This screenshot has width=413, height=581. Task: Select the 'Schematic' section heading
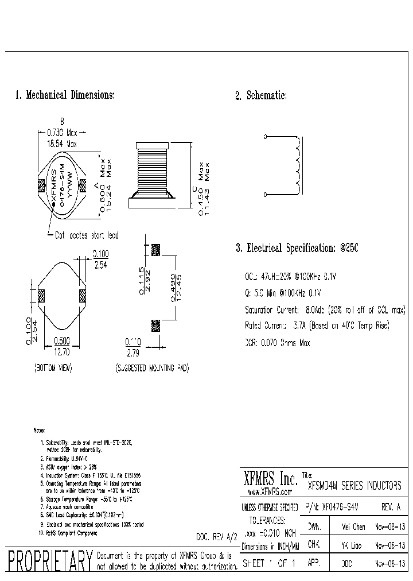pos(261,96)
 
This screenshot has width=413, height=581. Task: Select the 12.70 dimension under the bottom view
pos(62,350)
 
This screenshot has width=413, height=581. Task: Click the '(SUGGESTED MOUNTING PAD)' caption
pos(151,367)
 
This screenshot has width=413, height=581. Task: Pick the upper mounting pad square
pos(155,250)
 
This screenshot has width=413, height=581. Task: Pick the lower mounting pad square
pos(155,326)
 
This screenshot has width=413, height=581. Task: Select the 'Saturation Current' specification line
pos(324,310)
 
